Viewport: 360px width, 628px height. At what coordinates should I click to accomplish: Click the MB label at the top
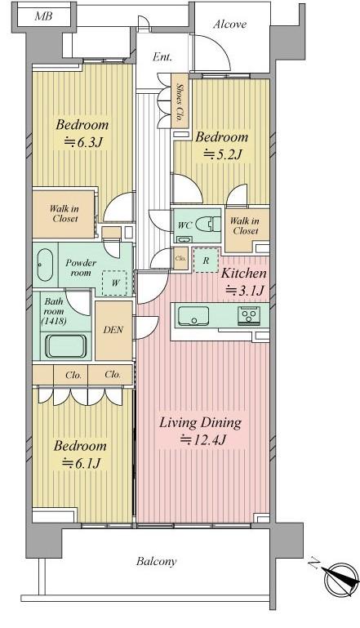[42, 16]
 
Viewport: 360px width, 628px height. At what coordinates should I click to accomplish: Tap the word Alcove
[230, 24]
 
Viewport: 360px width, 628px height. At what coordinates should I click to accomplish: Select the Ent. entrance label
[162, 57]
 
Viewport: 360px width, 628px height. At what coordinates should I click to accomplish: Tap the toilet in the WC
[209, 225]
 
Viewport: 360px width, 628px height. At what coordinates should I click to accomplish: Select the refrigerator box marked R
[206, 261]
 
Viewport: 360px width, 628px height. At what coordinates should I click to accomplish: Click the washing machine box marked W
[115, 283]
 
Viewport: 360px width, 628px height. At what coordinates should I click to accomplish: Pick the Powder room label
[81, 268]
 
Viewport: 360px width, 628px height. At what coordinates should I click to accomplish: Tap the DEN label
[113, 331]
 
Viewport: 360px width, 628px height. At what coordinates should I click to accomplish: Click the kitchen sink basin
[193, 315]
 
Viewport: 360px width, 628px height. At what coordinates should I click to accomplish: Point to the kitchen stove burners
[249, 314]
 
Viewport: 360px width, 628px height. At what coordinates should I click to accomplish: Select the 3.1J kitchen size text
[245, 290]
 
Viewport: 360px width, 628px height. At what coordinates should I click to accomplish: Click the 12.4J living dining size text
[204, 440]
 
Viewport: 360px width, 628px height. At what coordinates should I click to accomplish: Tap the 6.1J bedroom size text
[81, 464]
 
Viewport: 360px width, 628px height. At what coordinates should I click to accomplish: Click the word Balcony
[156, 562]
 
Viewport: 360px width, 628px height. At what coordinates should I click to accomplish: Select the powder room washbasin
[44, 265]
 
